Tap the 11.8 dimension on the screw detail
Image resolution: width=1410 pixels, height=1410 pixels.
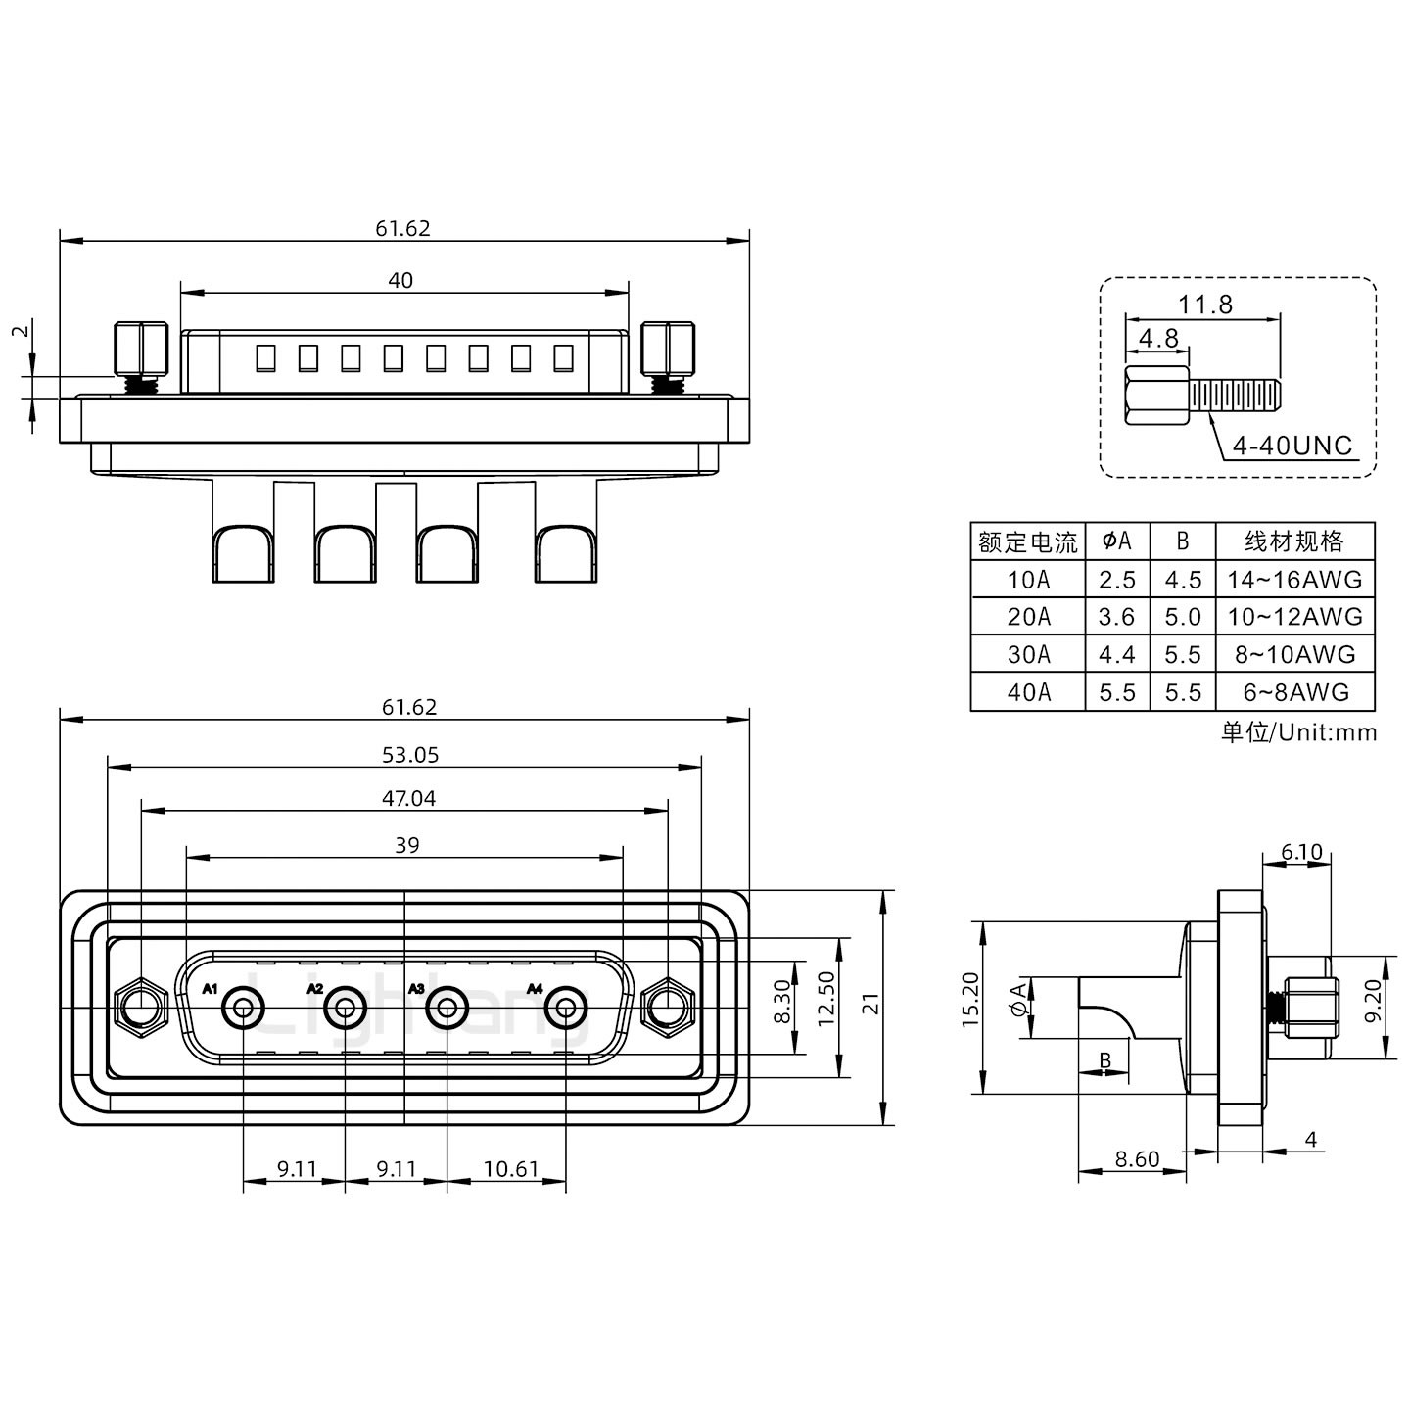coord(1204,305)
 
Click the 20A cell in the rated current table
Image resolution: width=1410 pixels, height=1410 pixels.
coord(1028,617)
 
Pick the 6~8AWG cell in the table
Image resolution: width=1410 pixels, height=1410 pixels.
coord(1294,692)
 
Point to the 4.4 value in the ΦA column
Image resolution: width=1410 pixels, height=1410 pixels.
coord(1116,654)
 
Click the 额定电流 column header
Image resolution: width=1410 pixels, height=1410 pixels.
coord(1028,541)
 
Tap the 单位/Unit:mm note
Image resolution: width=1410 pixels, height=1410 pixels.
coord(1298,731)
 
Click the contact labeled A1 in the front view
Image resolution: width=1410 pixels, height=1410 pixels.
coord(243,1008)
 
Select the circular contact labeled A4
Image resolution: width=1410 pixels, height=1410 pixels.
coord(566,1008)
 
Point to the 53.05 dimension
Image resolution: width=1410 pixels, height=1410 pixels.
coord(409,755)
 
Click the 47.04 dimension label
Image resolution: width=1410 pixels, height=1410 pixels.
coord(408,799)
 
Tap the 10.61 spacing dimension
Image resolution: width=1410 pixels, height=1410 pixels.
coord(510,1169)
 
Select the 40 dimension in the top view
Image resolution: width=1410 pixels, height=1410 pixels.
coord(400,281)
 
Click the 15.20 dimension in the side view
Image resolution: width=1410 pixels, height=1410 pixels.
coord(970,999)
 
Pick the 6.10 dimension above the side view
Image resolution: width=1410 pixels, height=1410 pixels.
coord(1301,853)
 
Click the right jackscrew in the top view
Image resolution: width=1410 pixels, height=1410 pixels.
coord(669,351)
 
